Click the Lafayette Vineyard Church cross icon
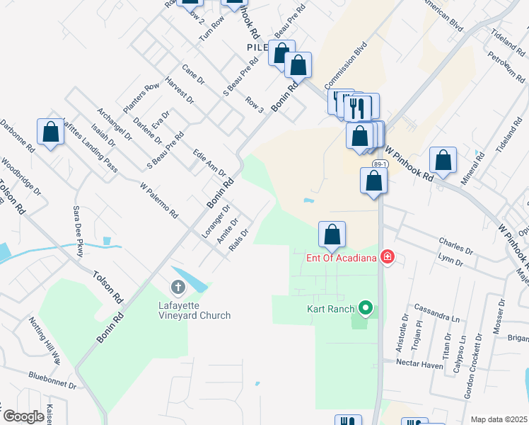178,288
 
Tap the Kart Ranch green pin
365,308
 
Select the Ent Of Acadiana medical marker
387,256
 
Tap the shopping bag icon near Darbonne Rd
50,132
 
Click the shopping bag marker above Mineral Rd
443,161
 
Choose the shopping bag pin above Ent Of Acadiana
332,234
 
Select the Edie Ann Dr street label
209,162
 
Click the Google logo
23,416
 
